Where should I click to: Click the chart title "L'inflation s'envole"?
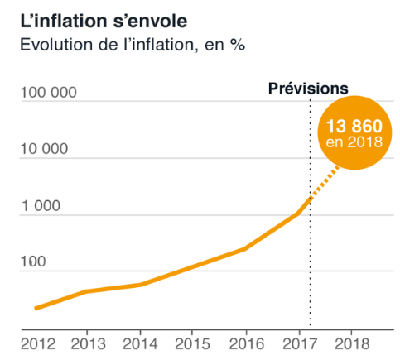pos(104,22)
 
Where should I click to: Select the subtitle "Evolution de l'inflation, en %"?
pos(133,45)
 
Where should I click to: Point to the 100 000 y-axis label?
pos(49,93)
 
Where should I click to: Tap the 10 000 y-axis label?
pos(45,149)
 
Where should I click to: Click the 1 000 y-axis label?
pos(41,206)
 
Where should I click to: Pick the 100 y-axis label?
pos(33,262)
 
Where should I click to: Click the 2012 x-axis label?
pos(38,344)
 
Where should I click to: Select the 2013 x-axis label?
pos(89,344)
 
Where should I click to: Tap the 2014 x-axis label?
pos(140,344)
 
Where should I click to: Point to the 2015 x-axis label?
pos(192,344)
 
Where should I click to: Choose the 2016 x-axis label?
pos(247,344)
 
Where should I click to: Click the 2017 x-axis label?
pos(300,344)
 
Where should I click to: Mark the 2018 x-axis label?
pos(352,344)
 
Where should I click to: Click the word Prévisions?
pos(308,89)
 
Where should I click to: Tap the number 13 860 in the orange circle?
pos(354,127)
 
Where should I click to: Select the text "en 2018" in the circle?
pos(354,142)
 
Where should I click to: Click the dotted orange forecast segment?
pos(325,181)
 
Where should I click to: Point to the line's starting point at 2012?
pos(36,309)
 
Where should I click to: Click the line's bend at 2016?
pos(245,249)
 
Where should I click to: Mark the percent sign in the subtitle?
pos(237,45)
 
